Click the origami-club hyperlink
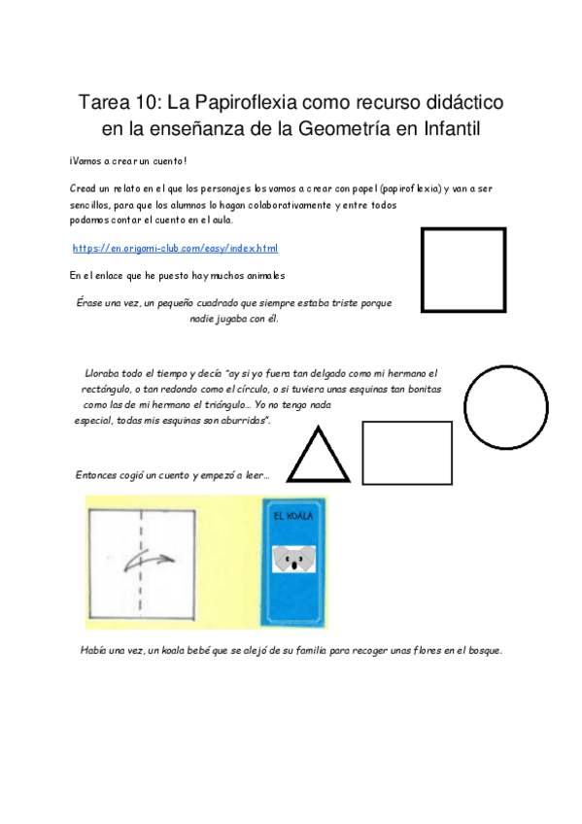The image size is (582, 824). tap(175, 249)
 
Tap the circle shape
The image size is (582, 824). tap(506, 407)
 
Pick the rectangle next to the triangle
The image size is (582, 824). tap(407, 453)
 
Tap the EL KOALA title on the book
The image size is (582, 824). tap(293, 516)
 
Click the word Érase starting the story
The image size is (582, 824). tap(91, 303)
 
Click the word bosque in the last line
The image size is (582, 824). tap(481, 650)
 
